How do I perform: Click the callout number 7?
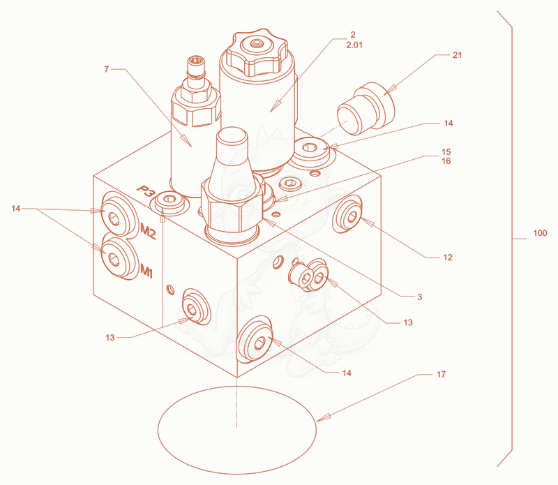pos(106,69)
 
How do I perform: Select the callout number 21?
pos(457,55)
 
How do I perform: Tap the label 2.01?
pos(354,45)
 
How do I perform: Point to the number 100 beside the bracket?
pos(540,233)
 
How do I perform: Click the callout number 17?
pos(441,374)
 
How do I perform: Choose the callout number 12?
pos(448,258)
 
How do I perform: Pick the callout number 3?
pos(420,297)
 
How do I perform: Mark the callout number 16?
pos(446,161)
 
